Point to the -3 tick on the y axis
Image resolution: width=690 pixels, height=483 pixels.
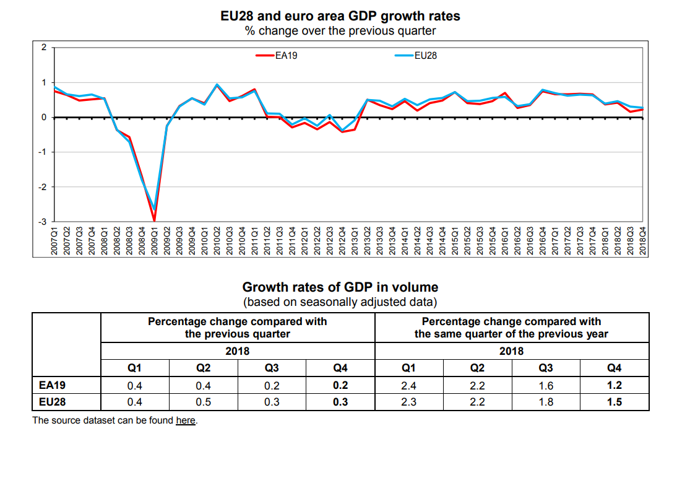point(43,221)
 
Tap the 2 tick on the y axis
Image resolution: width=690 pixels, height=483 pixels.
point(43,47)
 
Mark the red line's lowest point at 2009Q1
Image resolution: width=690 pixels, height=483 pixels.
point(154,220)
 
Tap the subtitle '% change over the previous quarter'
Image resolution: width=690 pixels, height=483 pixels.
point(340,30)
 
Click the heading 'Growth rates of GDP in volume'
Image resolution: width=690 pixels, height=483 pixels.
point(340,287)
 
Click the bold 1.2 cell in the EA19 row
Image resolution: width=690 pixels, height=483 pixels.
point(615,385)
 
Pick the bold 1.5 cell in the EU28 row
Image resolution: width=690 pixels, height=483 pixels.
point(615,402)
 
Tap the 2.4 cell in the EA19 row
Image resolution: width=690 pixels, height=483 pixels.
point(408,385)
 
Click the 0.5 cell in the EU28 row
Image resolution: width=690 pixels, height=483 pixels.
point(203,402)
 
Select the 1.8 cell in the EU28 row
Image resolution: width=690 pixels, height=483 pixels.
point(546,402)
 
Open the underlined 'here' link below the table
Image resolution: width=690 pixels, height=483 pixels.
point(186,420)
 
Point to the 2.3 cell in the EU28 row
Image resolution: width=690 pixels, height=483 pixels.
point(408,402)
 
